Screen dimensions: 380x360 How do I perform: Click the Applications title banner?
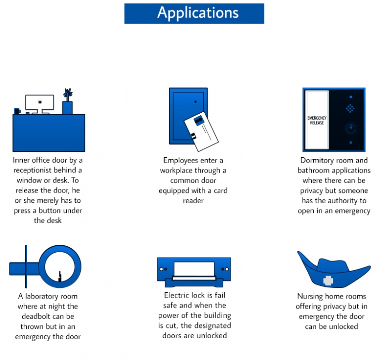pos(194,13)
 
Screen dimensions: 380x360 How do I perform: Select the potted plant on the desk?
pos(67,101)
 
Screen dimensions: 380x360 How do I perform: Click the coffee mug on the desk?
pos(17,111)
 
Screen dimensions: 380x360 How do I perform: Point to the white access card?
pos(201,132)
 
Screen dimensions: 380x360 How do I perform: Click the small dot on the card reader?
pos(195,102)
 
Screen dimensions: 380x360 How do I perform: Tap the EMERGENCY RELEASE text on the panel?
pos(317,120)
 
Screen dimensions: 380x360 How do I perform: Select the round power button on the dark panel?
pos(351,129)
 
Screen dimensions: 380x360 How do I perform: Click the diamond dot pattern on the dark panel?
pos(350,108)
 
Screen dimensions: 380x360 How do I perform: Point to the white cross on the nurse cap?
pos(328,280)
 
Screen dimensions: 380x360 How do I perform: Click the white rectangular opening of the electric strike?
pos(194,269)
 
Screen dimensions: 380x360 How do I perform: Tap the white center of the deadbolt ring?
pos(59,267)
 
